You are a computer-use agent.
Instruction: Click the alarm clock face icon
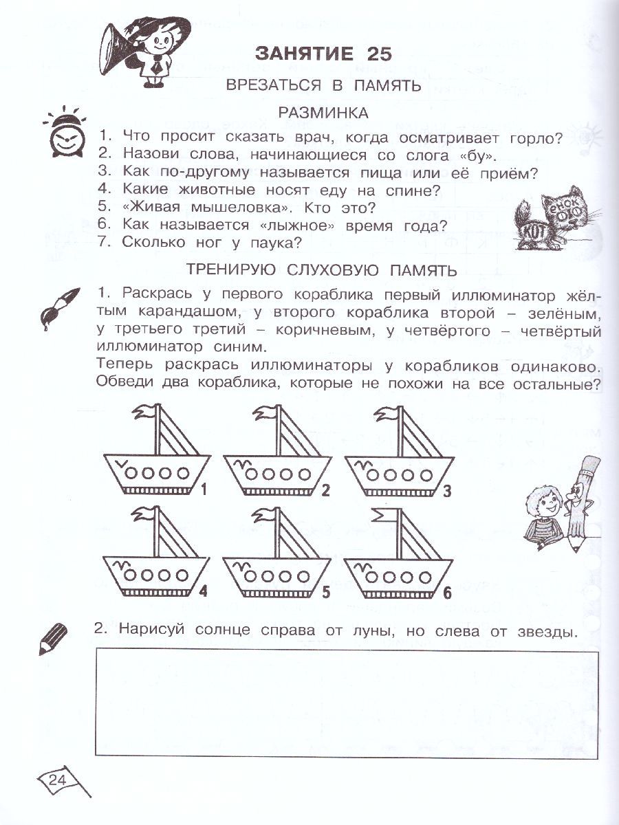65,135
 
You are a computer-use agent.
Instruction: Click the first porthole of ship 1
134,473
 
